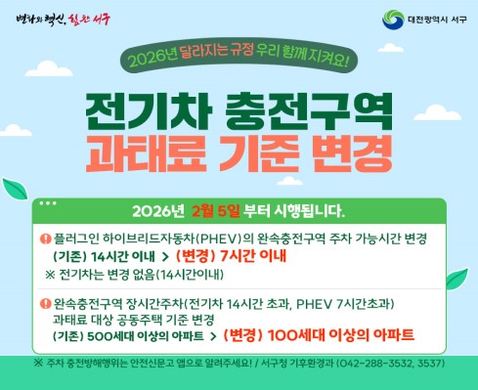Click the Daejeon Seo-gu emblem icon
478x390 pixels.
pyautogui.click(x=366, y=20)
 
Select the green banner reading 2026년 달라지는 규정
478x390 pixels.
pyautogui.click(x=239, y=61)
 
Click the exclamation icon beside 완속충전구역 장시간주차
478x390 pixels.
pyautogui.click(x=45, y=303)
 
